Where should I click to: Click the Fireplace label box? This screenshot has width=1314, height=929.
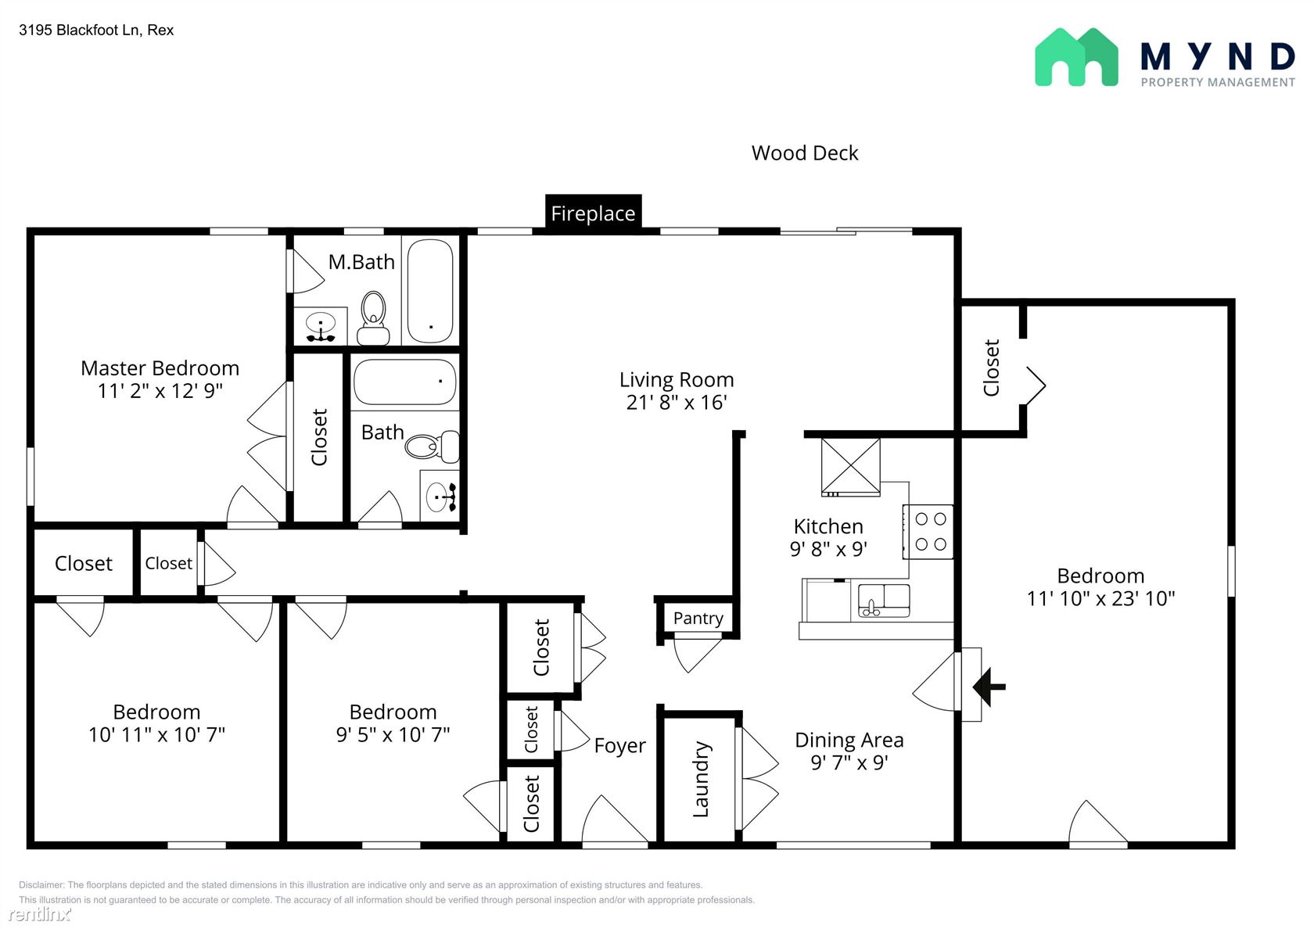[593, 213]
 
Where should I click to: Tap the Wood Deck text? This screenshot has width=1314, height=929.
[804, 153]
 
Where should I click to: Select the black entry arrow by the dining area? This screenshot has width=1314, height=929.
[989, 687]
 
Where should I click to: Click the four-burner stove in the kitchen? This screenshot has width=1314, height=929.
[928, 532]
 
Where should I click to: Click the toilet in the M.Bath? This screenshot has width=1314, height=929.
[373, 317]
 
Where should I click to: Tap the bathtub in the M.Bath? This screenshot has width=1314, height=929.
[430, 290]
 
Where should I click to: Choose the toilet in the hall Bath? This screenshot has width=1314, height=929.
[433, 447]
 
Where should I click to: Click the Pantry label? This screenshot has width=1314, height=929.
[698, 618]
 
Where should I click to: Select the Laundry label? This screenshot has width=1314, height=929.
[701, 779]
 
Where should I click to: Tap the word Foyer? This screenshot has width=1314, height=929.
[619, 745]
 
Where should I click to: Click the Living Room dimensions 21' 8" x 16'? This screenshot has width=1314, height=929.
[677, 402]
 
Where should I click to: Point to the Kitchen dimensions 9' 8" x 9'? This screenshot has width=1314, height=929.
[828, 549]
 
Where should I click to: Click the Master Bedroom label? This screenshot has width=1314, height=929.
[160, 368]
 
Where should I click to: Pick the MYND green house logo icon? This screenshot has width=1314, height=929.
[1076, 57]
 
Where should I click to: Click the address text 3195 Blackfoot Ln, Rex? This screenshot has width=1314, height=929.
[96, 30]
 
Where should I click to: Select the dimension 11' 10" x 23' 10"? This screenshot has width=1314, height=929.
[1100, 598]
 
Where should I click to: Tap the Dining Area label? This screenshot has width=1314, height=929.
[849, 740]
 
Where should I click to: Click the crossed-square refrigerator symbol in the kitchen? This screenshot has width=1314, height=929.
[851, 467]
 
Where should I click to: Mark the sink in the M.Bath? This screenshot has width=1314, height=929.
[321, 326]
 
